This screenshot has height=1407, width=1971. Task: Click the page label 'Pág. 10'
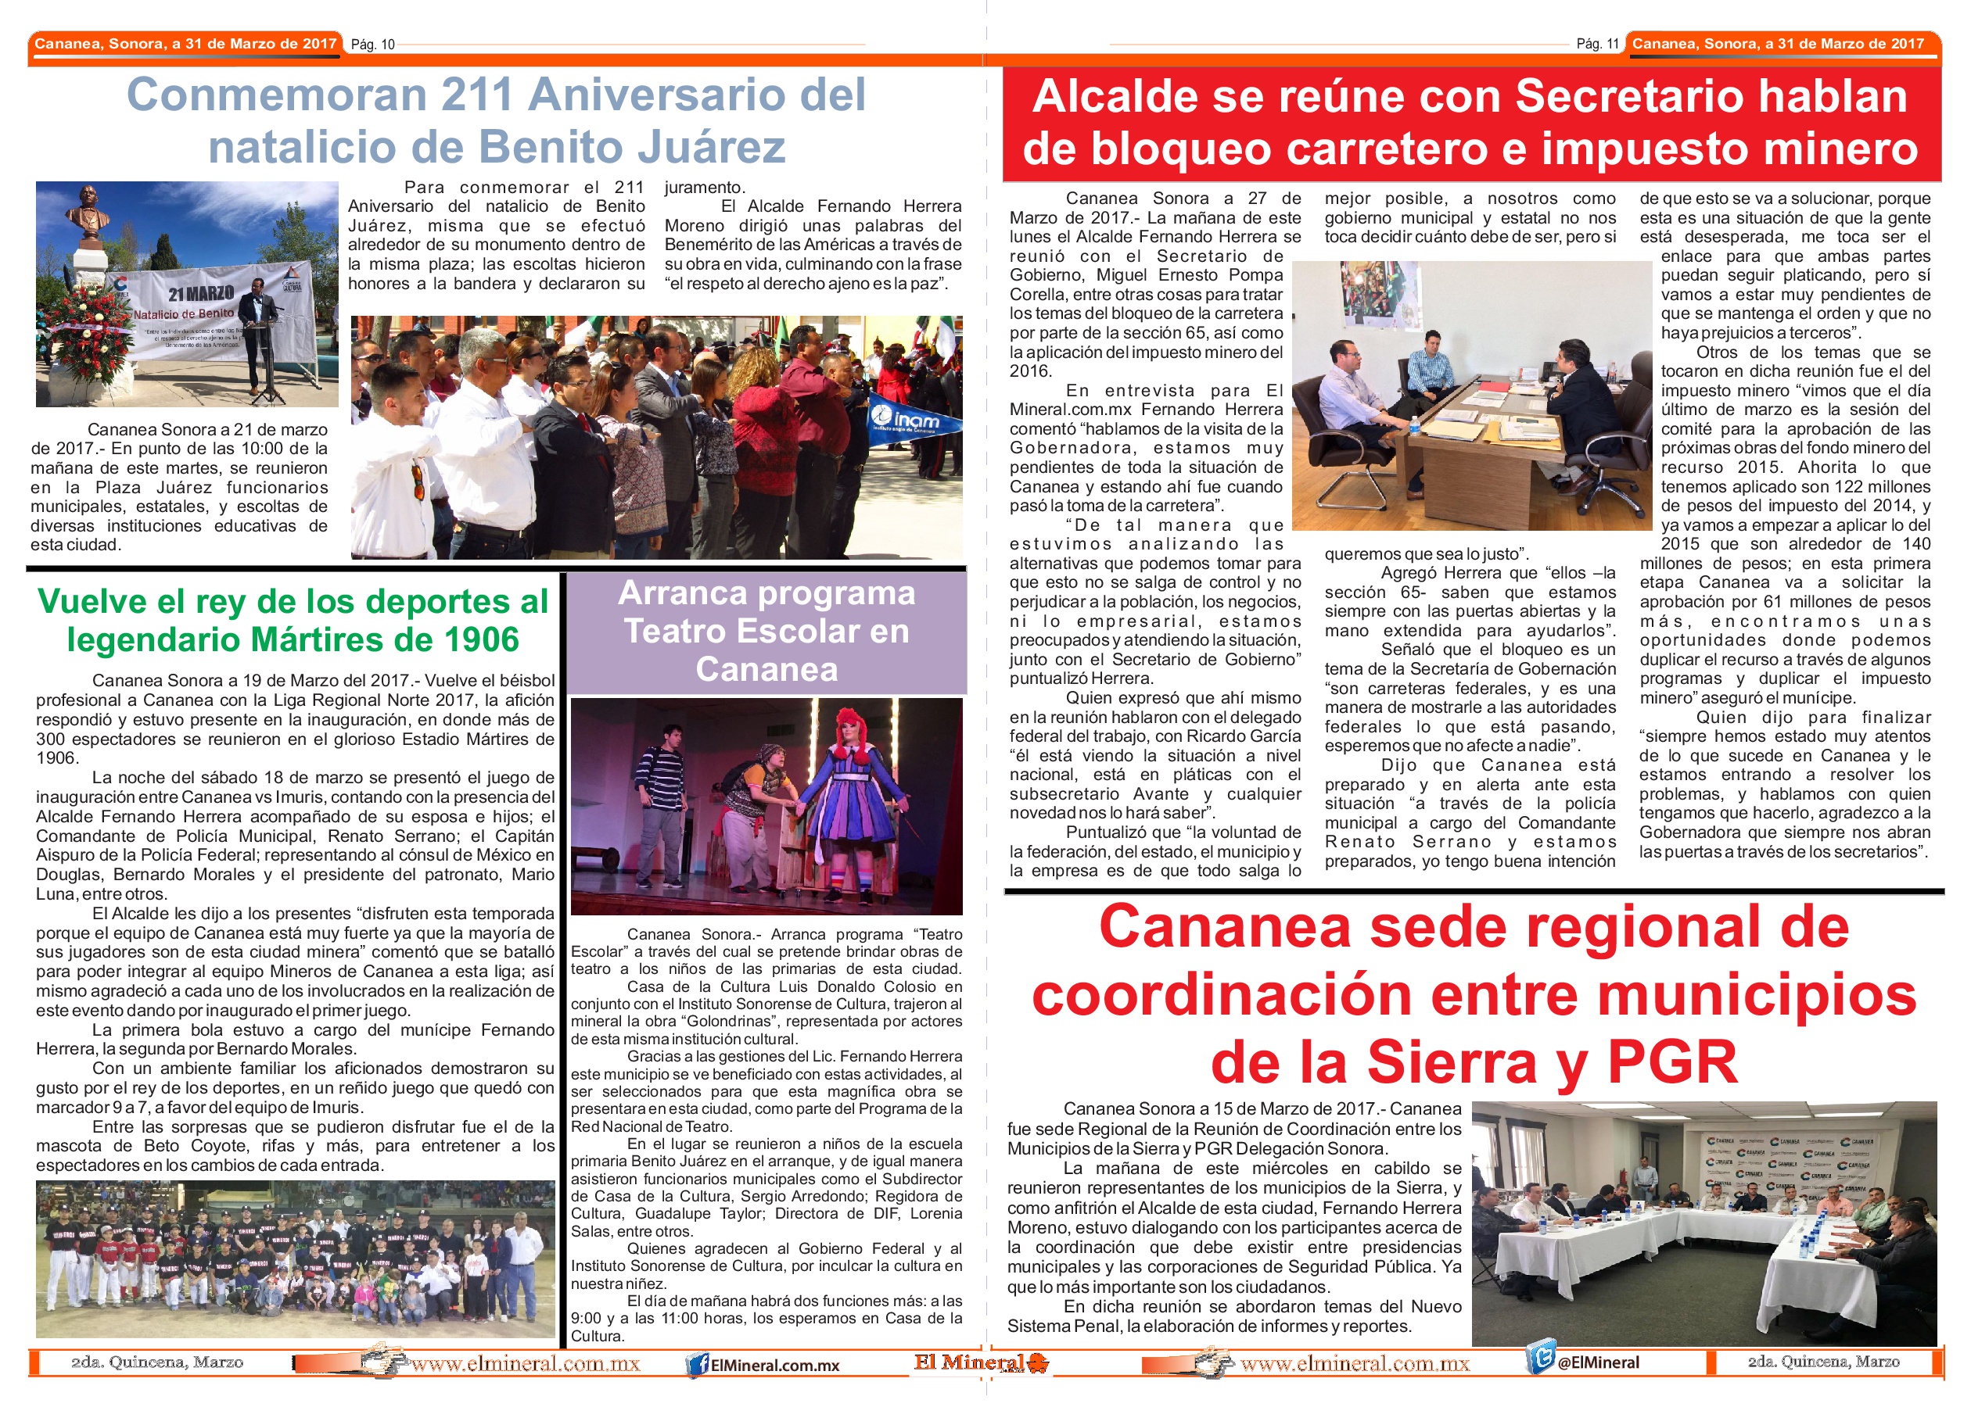[x=373, y=45]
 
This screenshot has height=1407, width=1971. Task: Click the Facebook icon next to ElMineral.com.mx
[x=696, y=1366]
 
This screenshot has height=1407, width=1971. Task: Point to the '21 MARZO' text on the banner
[x=201, y=294]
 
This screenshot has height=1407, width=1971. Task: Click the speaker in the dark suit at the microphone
[x=257, y=334]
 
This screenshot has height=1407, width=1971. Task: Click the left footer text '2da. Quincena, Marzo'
[x=157, y=1362]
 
